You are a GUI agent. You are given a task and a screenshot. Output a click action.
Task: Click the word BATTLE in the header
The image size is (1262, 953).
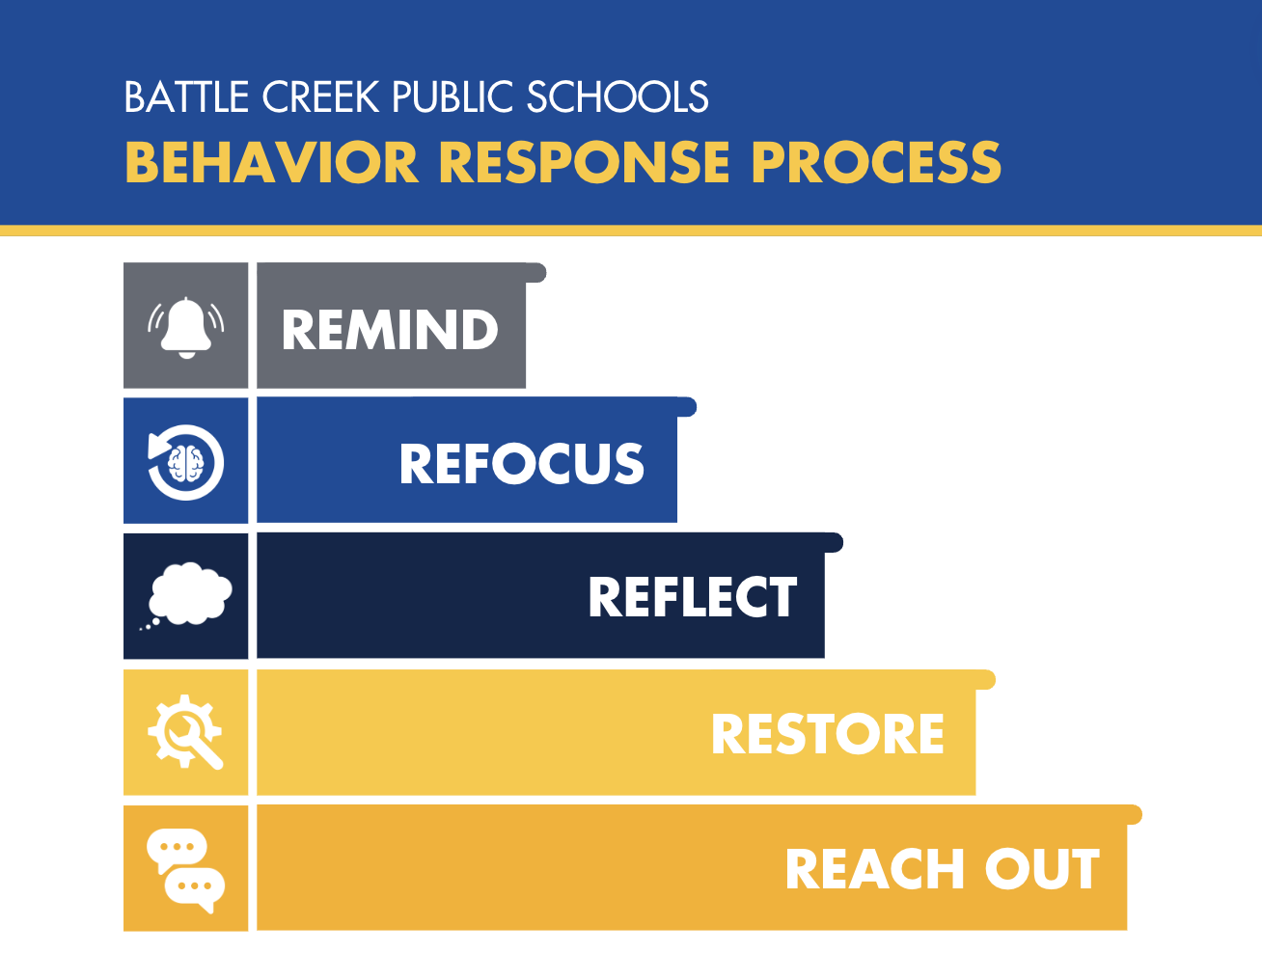187,96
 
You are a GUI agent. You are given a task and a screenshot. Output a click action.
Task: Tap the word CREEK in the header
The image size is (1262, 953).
321,96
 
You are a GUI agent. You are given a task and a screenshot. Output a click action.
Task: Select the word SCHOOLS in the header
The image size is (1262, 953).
617,96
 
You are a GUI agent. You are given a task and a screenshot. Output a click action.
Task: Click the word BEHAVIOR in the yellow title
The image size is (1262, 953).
271,162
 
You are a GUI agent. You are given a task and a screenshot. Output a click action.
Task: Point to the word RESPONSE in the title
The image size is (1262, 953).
585,162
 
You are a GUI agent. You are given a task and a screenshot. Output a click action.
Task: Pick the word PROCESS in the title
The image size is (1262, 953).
877,162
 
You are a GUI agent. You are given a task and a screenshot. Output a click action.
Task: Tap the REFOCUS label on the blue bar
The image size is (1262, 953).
522,463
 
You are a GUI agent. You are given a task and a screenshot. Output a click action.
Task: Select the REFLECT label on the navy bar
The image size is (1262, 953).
693,597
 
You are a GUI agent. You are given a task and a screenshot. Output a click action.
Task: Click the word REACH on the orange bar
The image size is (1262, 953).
875,869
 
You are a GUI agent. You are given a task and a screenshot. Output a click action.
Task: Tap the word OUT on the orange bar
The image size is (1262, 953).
1042,869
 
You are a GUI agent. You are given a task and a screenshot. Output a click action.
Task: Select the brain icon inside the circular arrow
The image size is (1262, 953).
185,463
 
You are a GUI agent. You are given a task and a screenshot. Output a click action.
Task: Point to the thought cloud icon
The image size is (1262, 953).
188,594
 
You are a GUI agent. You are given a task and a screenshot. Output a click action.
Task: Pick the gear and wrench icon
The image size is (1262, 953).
185,731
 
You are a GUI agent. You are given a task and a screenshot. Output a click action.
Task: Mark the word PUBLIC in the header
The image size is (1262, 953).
453,96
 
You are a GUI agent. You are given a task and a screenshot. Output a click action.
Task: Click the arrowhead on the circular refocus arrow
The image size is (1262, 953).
156,446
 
